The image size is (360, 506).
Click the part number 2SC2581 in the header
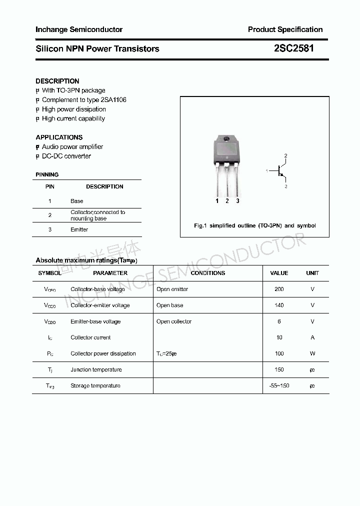point(294,48)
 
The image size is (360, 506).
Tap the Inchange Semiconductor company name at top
point(79,29)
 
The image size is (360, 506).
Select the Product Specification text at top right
point(285,29)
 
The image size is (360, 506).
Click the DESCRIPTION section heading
point(57,81)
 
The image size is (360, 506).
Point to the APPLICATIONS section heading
point(59,137)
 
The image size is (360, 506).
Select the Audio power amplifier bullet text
point(72,146)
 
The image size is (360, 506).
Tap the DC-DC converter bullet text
point(66,156)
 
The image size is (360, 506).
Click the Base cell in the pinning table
point(77,201)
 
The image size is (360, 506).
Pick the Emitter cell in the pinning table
point(79,229)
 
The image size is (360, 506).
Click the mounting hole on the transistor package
point(226,139)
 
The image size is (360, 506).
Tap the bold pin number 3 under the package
point(237,201)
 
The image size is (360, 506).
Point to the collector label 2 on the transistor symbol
point(286,156)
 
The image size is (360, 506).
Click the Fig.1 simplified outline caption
point(255,225)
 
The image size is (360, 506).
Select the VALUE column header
point(279,273)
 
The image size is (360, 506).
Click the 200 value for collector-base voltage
point(279,289)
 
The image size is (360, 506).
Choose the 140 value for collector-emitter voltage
point(279,305)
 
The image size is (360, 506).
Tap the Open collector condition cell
point(174,321)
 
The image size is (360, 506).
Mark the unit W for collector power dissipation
point(312,353)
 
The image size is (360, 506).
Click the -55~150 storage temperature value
point(279,385)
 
